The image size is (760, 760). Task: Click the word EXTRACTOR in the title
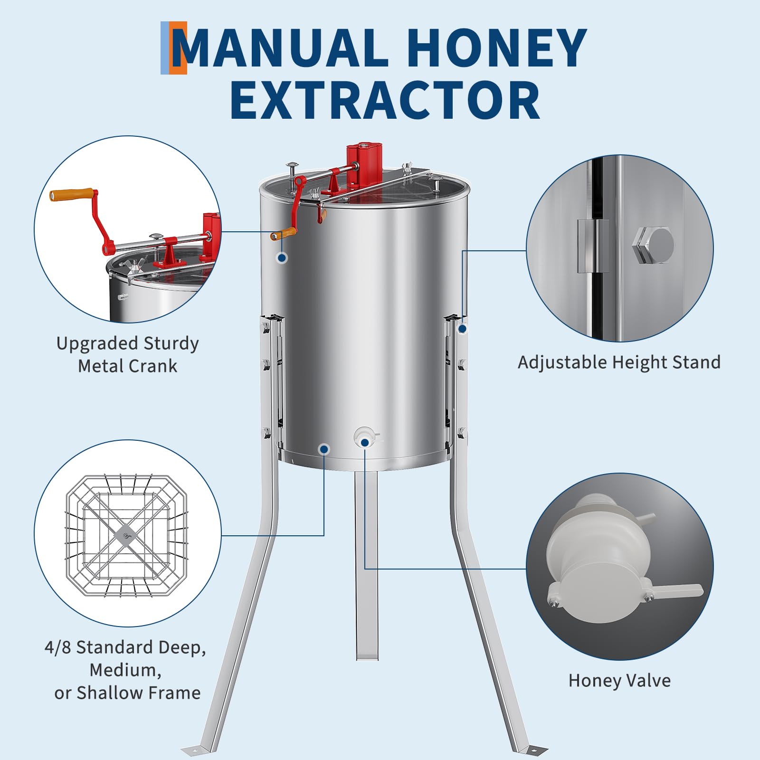click(x=385, y=101)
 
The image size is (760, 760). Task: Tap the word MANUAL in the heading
click(x=280, y=47)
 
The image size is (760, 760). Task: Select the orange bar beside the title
click(x=179, y=48)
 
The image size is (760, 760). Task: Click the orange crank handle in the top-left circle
click(x=72, y=194)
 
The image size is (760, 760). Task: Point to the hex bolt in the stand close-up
click(x=653, y=245)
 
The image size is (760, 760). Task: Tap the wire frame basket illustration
click(x=127, y=535)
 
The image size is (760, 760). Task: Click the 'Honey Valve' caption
click(x=619, y=681)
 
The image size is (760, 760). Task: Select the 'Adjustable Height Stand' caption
click(x=619, y=362)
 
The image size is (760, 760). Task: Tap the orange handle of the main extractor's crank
click(x=284, y=233)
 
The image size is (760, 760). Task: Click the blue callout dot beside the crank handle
click(x=282, y=258)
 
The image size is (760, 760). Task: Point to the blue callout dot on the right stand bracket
click(x=462, y=328)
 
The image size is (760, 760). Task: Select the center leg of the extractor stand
click(x=367, y=565)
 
